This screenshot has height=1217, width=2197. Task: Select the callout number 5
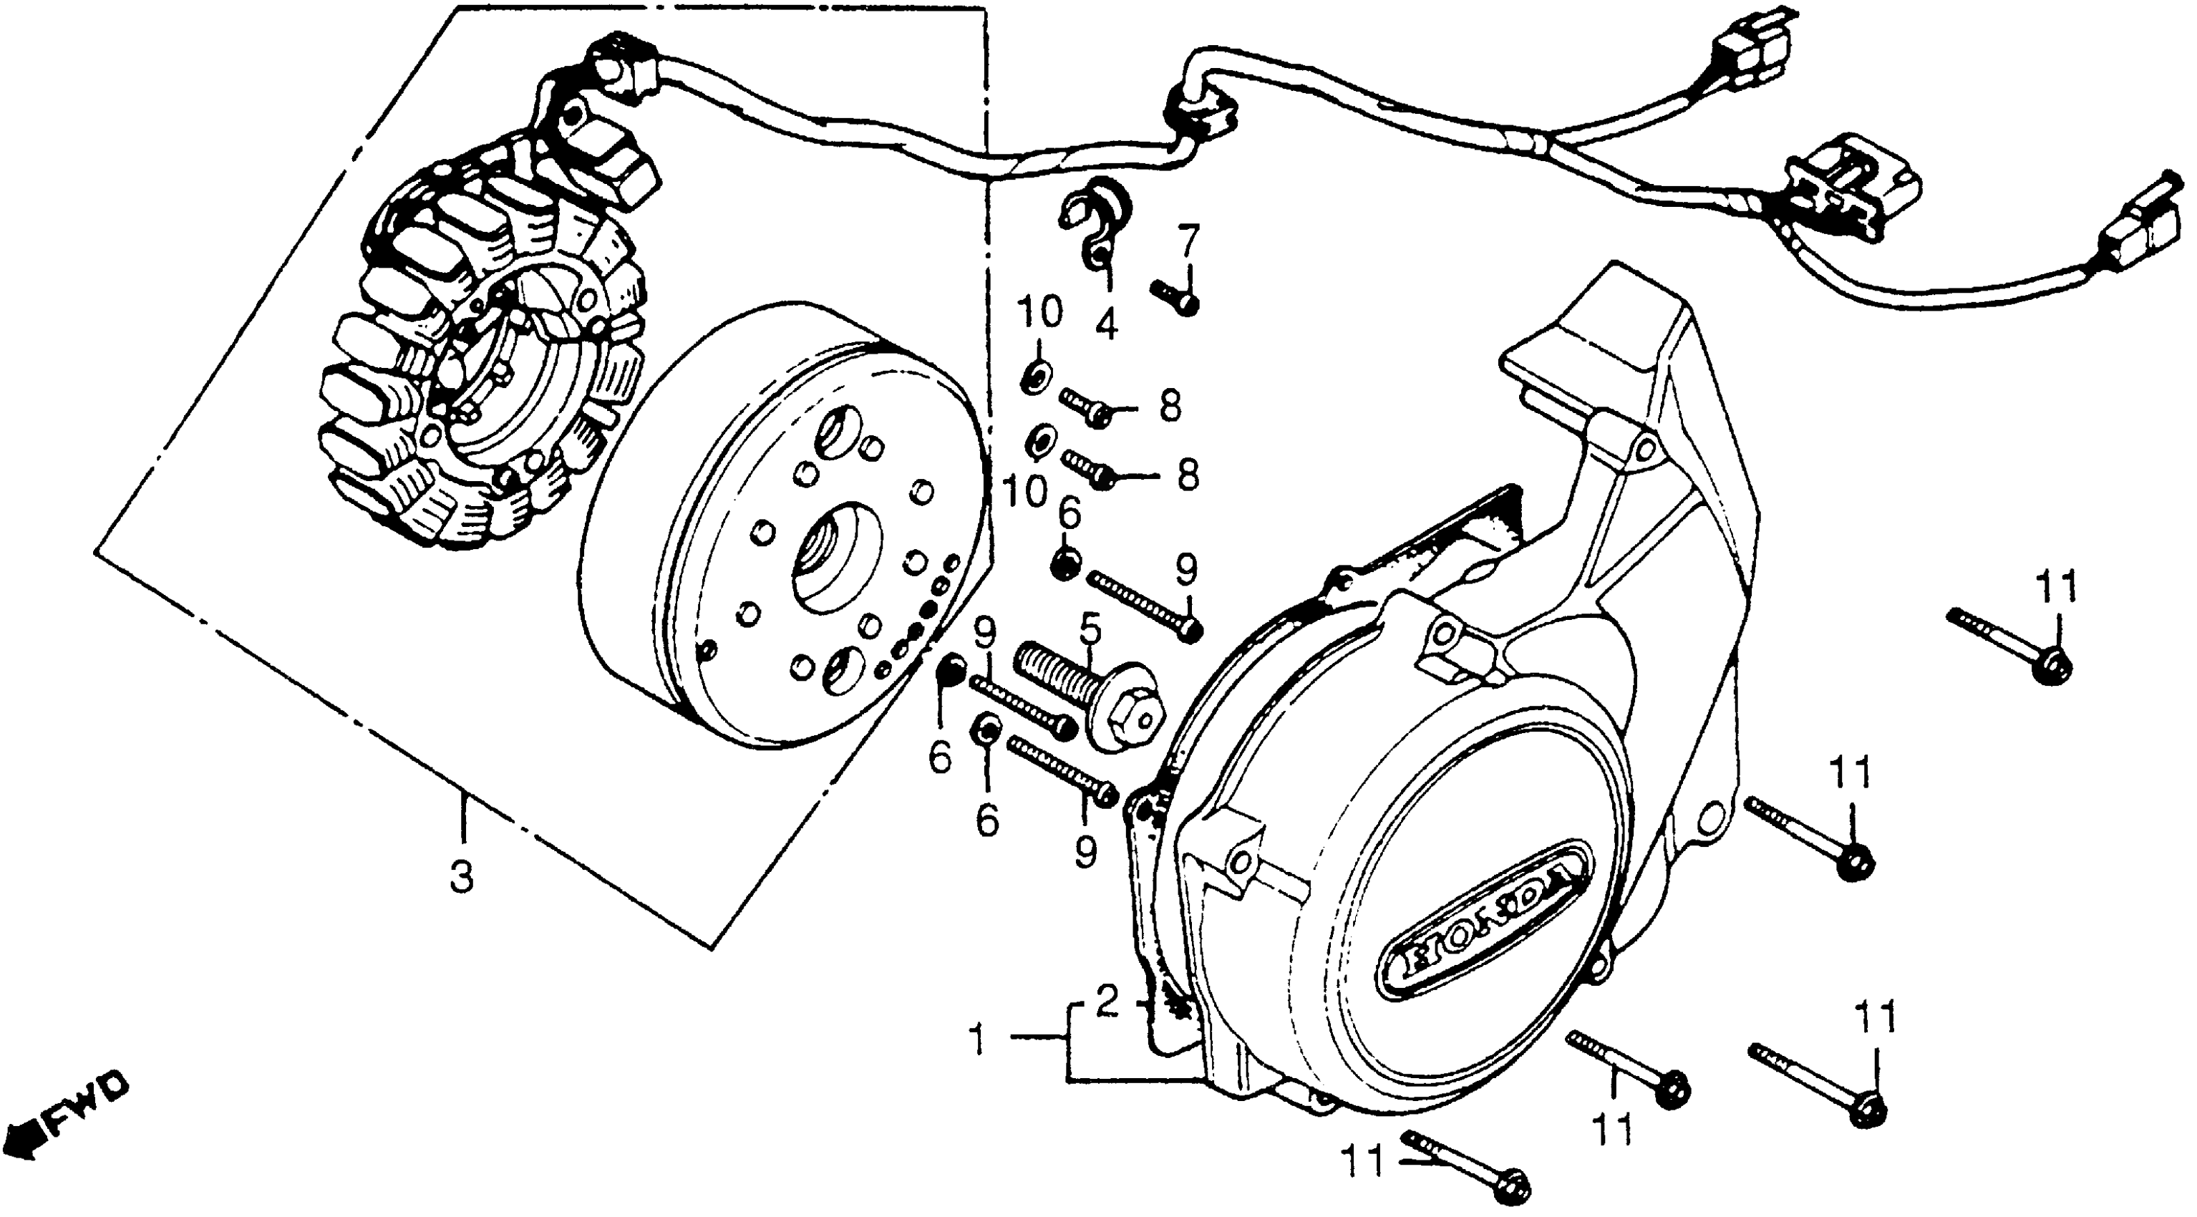pos(1090,633)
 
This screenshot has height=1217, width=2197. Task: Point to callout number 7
pos(1189,243)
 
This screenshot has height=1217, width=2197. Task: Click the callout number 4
pos(1106,324)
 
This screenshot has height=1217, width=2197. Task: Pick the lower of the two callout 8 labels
pos(1187,475)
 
